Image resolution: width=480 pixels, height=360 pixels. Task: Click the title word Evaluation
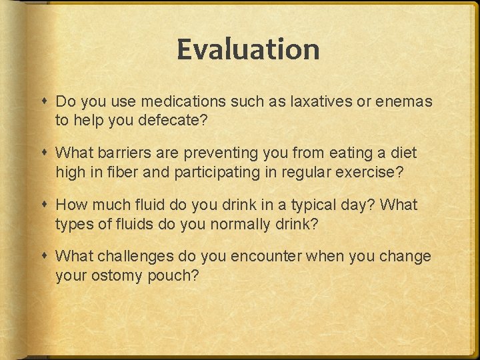click(248, 50)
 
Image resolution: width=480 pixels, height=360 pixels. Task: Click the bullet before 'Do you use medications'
click(44, 102)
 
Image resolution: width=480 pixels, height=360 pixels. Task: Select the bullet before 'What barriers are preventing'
click(44, 153)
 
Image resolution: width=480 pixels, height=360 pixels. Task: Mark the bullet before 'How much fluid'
click(44, 205)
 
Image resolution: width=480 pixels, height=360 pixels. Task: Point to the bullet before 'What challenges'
click(44, 257)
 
